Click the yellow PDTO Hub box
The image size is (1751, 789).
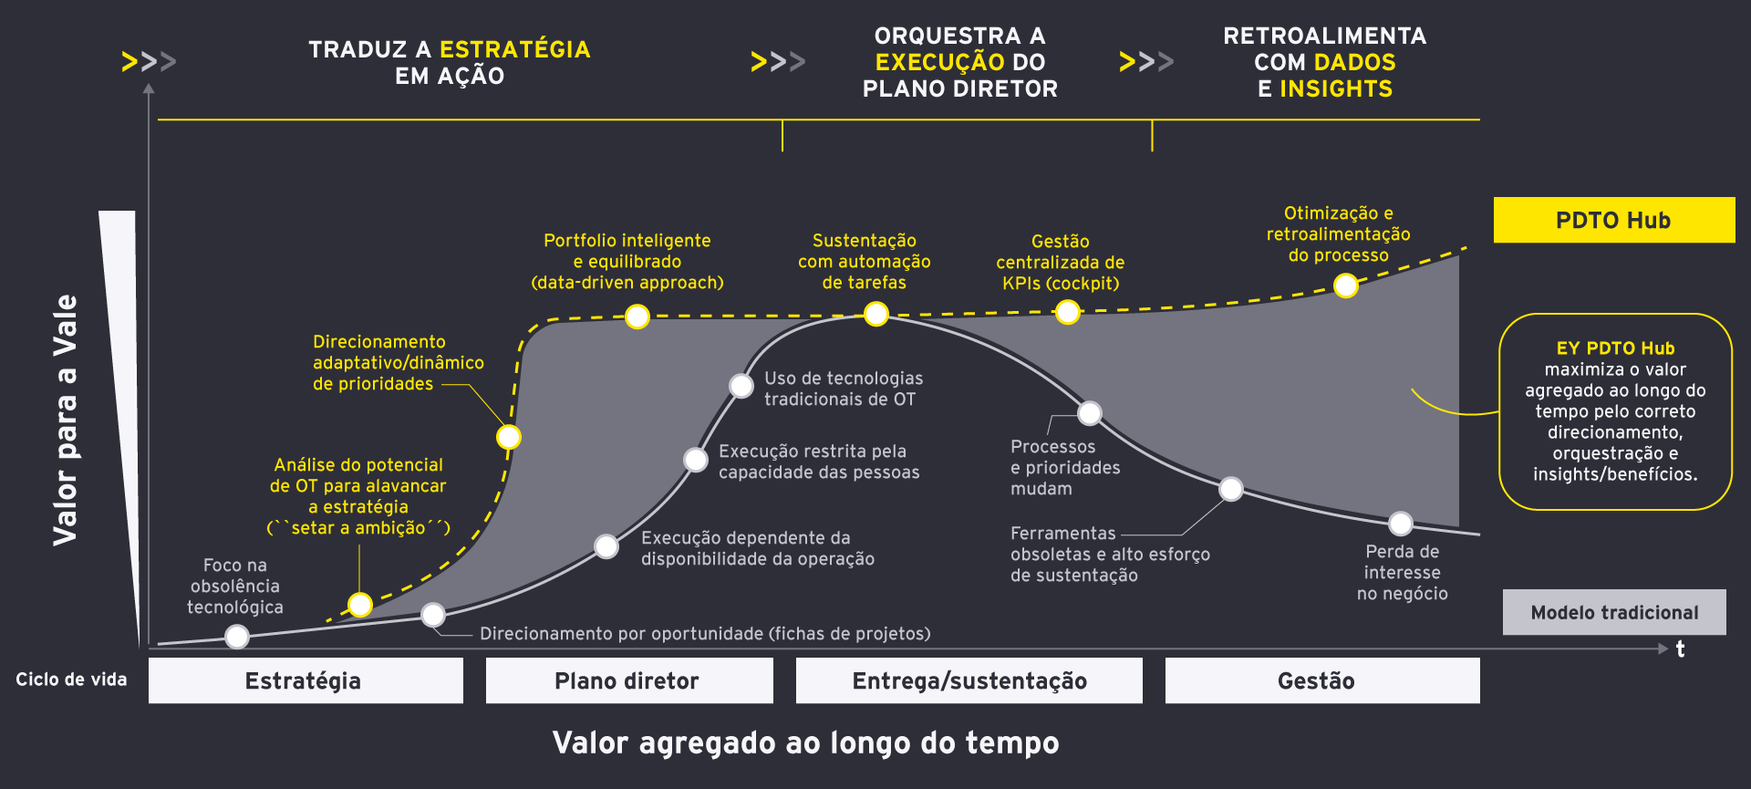(x=1613, y=220)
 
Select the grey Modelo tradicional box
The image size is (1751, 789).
(x=1613, y=612)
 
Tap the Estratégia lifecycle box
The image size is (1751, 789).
(x=305, y=680)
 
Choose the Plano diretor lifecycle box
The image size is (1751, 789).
(x=628, y=680)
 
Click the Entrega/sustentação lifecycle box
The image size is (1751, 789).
(x=969, y=680)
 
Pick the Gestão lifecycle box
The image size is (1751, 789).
(x=1321, y=680)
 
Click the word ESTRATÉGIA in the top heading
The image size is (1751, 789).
(x=514, y=49)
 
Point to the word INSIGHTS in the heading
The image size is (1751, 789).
(x=1335, y=88)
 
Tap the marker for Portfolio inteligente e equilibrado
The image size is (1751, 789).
(x=637, y=317)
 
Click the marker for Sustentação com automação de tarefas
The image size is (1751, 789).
(x=875, y=315)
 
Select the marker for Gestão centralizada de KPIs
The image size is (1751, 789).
(x=1067, y=313)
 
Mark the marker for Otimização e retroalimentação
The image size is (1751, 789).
(x=1345, y=285)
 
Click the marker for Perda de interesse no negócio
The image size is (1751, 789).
(x=1400, y=524)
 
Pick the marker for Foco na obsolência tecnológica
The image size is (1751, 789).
(x=237, y=636)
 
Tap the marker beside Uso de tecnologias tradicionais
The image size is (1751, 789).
(x=741, y=386)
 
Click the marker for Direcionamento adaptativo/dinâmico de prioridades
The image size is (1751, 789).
(x=508, y=437)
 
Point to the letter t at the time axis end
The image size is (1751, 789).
(x=1680, y=649)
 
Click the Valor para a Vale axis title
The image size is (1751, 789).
(x=65, y=420)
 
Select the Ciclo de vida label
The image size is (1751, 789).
(x=71, y=680)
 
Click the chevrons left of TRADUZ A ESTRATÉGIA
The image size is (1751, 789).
(x=149, y=62)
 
